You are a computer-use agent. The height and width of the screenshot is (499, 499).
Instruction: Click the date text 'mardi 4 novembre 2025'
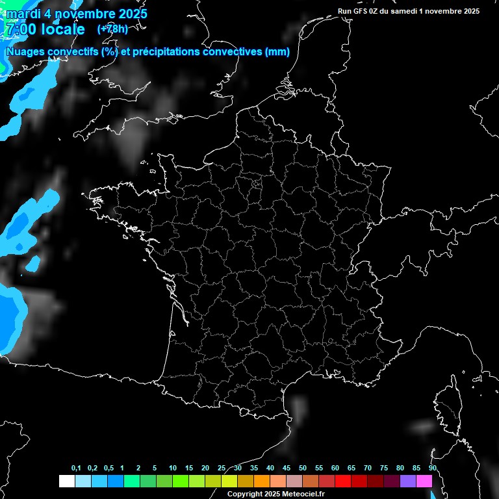76,13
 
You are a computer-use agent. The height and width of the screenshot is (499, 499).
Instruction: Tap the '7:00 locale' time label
44,29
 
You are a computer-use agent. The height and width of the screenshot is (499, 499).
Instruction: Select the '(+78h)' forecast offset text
112,29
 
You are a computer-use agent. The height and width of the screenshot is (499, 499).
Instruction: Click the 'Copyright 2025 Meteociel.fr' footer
275,494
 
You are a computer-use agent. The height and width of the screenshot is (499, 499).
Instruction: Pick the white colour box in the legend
66,481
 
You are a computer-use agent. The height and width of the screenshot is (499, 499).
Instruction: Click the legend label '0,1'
76,468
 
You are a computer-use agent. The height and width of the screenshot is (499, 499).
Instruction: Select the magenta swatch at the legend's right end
424,481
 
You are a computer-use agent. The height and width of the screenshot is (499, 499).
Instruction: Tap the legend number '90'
433,468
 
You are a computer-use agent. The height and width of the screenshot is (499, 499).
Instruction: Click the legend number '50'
303,468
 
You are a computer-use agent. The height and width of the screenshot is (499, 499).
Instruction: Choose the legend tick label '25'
222,468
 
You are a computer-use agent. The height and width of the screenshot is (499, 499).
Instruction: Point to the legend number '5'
155,468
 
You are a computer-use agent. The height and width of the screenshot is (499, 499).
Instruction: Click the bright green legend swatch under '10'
180,481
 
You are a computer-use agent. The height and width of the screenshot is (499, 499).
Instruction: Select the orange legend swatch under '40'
277,481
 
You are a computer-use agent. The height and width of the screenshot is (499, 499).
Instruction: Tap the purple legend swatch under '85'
408,481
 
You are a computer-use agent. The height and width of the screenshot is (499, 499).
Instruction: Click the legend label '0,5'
109,468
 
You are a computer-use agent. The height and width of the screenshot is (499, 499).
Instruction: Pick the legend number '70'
368,468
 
